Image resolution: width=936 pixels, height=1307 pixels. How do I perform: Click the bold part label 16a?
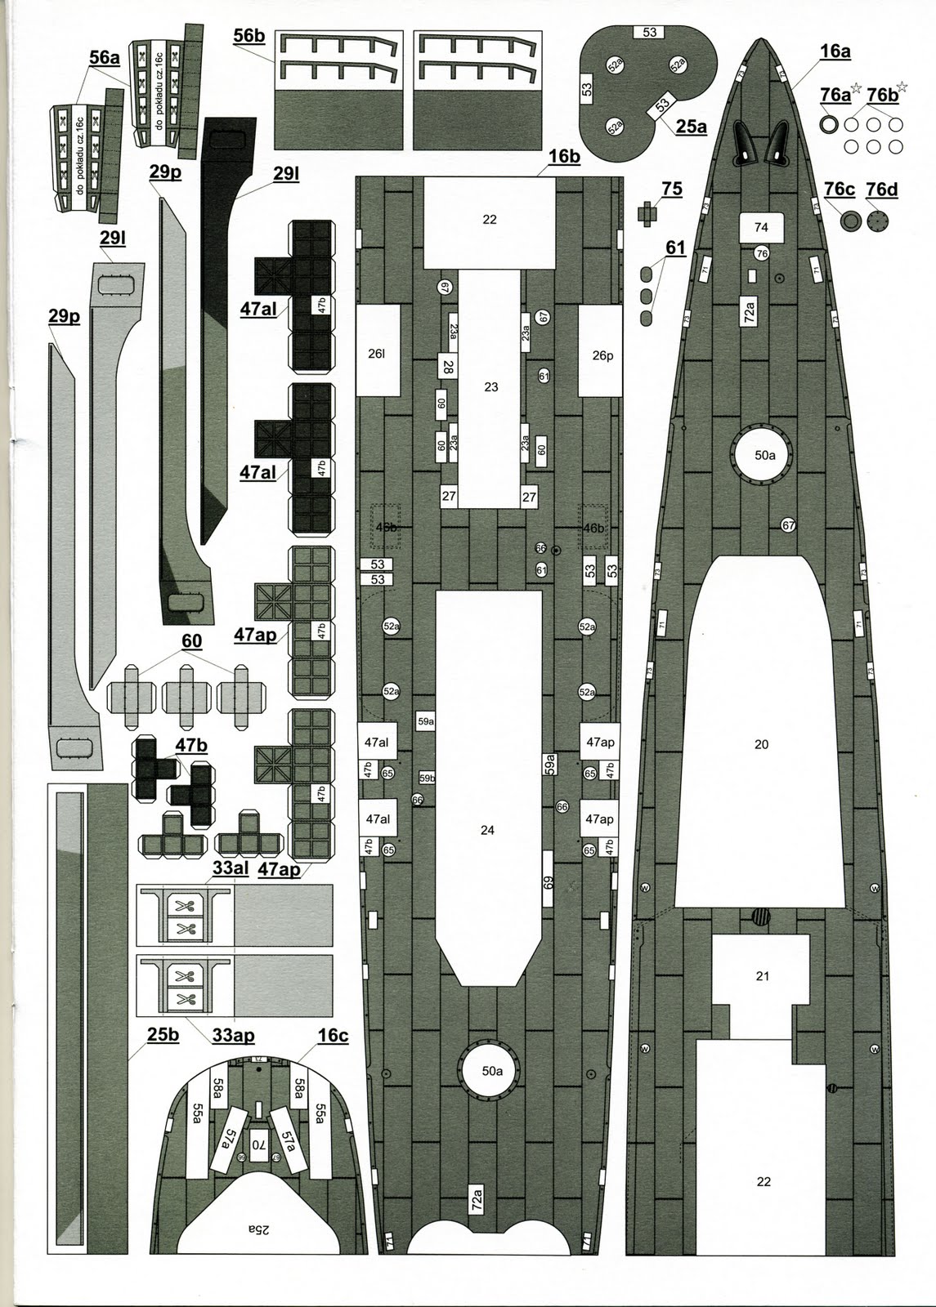tap(835, 51)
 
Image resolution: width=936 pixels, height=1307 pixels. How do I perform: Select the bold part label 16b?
tap(563, 156)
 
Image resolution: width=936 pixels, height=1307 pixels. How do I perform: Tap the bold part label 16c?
tap(333, 1036)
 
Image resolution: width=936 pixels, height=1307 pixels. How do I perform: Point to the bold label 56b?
tap(249, 36)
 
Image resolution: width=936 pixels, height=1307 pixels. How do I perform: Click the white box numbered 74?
tap(761, 227)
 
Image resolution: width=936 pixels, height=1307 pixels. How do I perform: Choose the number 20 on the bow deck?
tap(761, 744)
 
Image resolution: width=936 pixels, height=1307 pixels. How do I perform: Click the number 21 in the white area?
tap(762, 976)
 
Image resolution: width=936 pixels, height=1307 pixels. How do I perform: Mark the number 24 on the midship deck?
tap(487, 830)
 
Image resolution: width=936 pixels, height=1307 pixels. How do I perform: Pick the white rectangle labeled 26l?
tap(376, 355)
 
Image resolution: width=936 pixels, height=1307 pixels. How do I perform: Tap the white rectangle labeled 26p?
tap(602, 355)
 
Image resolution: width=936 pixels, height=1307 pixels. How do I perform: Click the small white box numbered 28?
tap(447, 367)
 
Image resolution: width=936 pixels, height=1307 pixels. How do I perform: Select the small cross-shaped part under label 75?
tap(648, 215)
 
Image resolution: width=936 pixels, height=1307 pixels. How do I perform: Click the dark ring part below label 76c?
tap(851, 221)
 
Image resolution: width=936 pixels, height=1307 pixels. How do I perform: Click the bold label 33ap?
tap(233, 1036)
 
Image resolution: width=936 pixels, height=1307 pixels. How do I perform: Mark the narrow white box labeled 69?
tap(549, 881)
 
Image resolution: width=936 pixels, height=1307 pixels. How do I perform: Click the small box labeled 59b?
tap(427, 778)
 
